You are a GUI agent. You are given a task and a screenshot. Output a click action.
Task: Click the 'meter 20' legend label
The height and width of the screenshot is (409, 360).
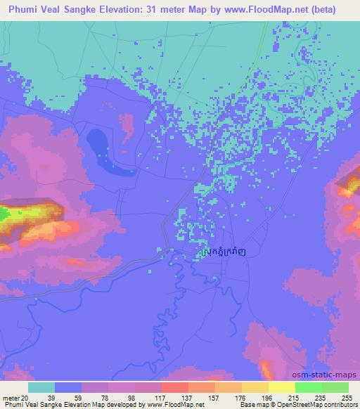point(15,397)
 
